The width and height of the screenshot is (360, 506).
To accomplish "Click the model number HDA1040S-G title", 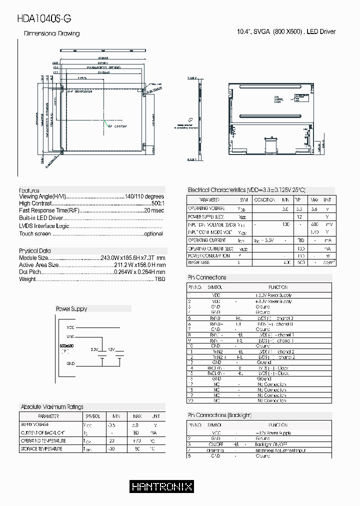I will [44, 18].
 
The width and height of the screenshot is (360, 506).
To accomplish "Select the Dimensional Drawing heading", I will [52, 33].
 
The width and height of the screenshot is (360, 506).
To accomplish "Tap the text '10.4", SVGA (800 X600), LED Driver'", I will [285, 31].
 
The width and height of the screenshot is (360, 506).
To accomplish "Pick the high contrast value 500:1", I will [157, 204].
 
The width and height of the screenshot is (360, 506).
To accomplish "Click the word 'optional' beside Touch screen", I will [153, 233].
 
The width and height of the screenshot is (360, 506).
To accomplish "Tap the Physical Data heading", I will [34, 250].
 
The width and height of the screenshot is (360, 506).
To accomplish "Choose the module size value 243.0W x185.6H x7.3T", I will [132, 258].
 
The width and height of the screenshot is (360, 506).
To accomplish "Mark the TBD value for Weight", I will [159, 279].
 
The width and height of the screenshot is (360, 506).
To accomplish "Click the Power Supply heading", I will [71, 309].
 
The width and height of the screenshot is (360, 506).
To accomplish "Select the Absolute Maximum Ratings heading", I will [51, 407].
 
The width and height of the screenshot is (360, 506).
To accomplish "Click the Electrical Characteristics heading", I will [246, 190].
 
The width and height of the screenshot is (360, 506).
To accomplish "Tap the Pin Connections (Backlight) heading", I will [219, 415].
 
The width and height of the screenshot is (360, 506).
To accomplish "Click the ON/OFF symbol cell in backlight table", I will [216, 444].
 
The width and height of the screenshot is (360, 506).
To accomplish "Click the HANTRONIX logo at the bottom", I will [161, 486].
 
